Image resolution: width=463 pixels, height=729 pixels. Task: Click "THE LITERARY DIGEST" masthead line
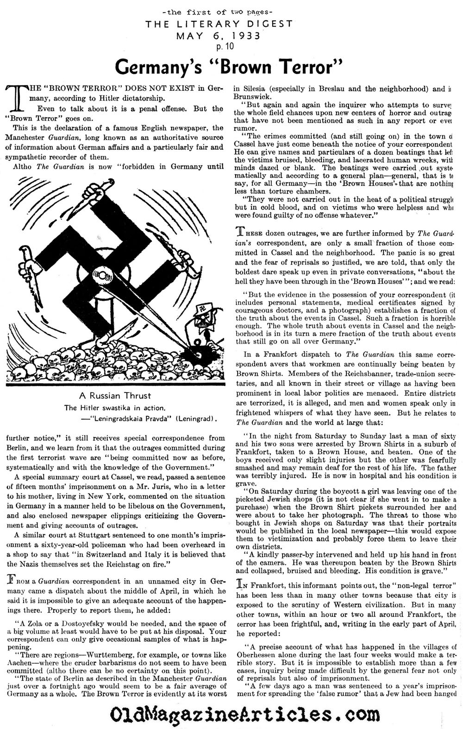(x=231, y=24)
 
